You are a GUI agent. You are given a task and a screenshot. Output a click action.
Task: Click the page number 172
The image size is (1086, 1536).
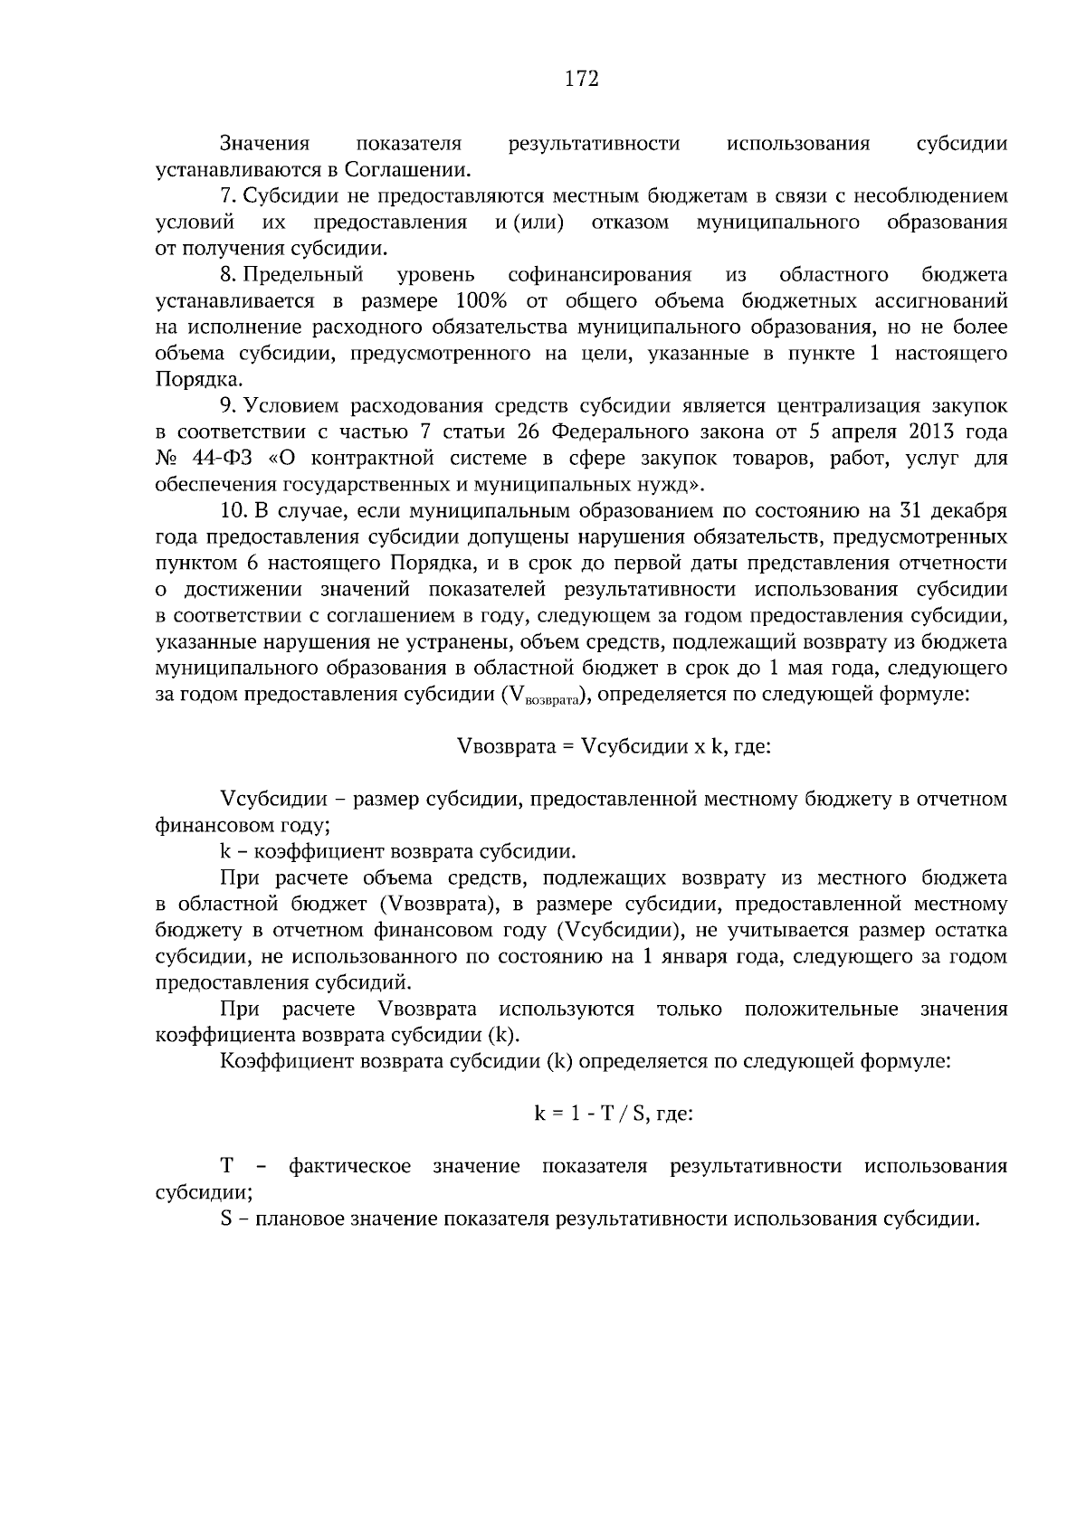pyautogui.click(x=582, y=80)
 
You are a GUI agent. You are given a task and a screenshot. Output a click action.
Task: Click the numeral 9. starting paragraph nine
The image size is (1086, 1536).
pyautogui.click(x=229, y=406)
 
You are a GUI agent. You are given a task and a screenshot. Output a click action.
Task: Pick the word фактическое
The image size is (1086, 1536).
pyautogui.click(x=349, y=1166)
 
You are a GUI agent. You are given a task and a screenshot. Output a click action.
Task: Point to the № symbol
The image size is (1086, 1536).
pyautogui.click(x=167, y=459)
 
